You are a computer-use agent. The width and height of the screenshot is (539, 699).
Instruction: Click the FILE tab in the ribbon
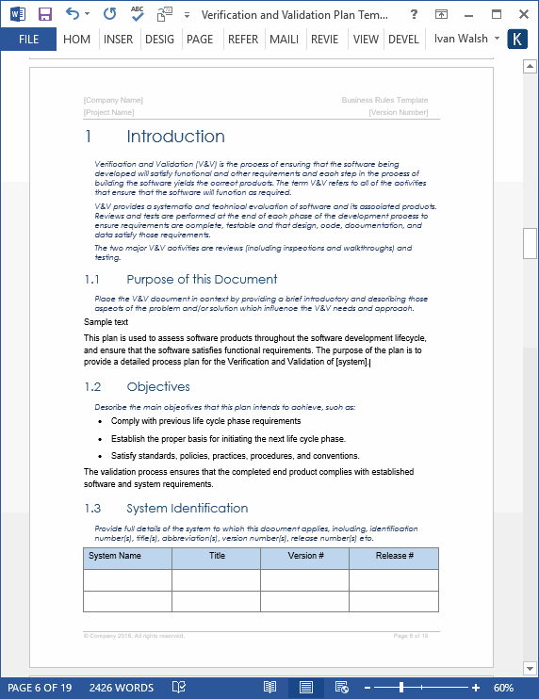28,40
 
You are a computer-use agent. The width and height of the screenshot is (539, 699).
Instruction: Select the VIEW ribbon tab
366,40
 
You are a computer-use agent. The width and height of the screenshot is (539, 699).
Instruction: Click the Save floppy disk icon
45,14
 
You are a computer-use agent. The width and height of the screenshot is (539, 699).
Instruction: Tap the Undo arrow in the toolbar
73,14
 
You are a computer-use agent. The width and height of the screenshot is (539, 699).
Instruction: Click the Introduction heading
175,137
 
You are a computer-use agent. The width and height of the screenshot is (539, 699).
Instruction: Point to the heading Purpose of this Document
202,280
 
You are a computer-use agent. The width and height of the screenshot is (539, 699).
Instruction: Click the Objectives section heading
158,387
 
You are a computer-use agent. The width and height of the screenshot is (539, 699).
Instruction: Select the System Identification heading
188,509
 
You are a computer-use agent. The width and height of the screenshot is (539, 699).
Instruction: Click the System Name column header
115,557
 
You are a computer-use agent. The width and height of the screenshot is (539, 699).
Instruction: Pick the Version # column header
305,557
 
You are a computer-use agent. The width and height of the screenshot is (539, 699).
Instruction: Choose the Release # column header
394,557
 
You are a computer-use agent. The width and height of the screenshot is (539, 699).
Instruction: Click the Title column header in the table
217,557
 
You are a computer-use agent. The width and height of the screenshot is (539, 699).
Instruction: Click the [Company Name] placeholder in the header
113,100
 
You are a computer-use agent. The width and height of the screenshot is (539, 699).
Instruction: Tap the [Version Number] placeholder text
399,112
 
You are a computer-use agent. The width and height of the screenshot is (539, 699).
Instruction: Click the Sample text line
106,322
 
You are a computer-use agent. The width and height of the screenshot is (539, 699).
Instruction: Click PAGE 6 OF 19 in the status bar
40,688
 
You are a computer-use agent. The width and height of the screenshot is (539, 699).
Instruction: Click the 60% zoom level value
503,688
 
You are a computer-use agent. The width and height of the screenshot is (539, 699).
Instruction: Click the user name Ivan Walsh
461,40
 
